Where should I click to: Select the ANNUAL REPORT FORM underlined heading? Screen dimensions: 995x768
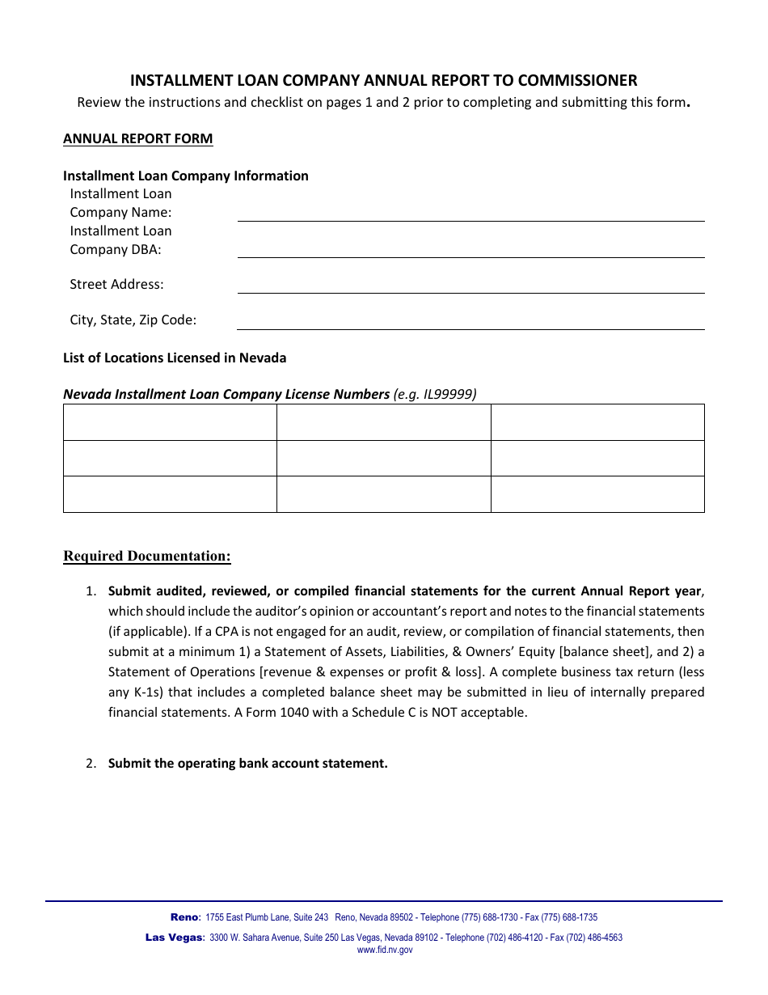(138, 138)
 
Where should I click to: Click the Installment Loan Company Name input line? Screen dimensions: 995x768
(471, 213)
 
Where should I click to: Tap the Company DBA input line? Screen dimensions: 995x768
(471, 250)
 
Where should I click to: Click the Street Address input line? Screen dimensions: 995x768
(471, 285)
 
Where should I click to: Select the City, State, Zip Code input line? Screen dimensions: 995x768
(471, 321)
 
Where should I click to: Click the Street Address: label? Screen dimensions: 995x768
(116, 284)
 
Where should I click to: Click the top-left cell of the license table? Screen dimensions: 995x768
(170, 422)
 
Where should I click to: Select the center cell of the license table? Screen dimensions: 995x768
(383, 458)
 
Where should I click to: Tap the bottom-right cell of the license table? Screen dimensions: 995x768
(597, 493)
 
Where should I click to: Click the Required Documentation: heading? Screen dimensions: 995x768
(147, 556)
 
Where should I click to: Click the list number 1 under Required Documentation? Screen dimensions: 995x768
(91, 591)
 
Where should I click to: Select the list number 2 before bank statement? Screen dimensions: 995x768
(91, 763)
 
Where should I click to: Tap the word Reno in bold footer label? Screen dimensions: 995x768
(184, 917)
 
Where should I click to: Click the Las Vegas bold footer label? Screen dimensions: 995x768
(174, 938)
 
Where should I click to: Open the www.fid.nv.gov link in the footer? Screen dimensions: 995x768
(385, 950)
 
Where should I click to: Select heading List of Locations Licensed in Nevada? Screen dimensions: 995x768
(175, 358)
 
